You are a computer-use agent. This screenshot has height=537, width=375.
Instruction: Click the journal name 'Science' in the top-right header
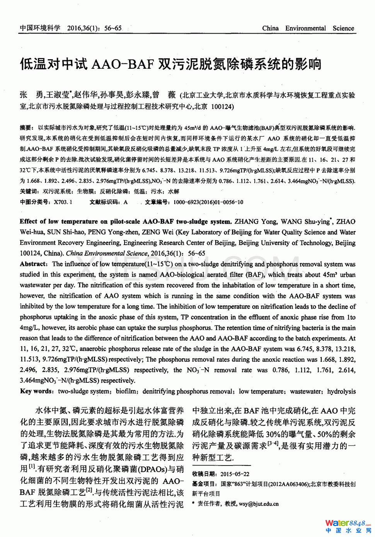pos(343,28)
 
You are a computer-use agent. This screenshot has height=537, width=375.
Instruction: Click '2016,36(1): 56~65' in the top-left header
pos(94,28)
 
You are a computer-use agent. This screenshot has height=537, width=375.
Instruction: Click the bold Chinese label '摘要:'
pos(27,128)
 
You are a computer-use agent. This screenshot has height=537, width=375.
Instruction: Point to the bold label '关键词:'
pos(29,191)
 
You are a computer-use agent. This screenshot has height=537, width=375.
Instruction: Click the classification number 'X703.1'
pos(63,202)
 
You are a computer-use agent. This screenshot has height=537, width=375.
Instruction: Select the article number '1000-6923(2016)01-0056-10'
pos(208,202)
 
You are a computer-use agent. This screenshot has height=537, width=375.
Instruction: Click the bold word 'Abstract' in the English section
pos(33,264)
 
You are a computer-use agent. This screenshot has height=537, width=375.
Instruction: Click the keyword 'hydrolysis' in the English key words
pos(341,391)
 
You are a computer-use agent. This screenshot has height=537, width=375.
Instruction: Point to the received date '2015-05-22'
pos(235,474)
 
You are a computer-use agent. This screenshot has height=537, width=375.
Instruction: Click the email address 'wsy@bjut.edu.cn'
pos(259,504)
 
